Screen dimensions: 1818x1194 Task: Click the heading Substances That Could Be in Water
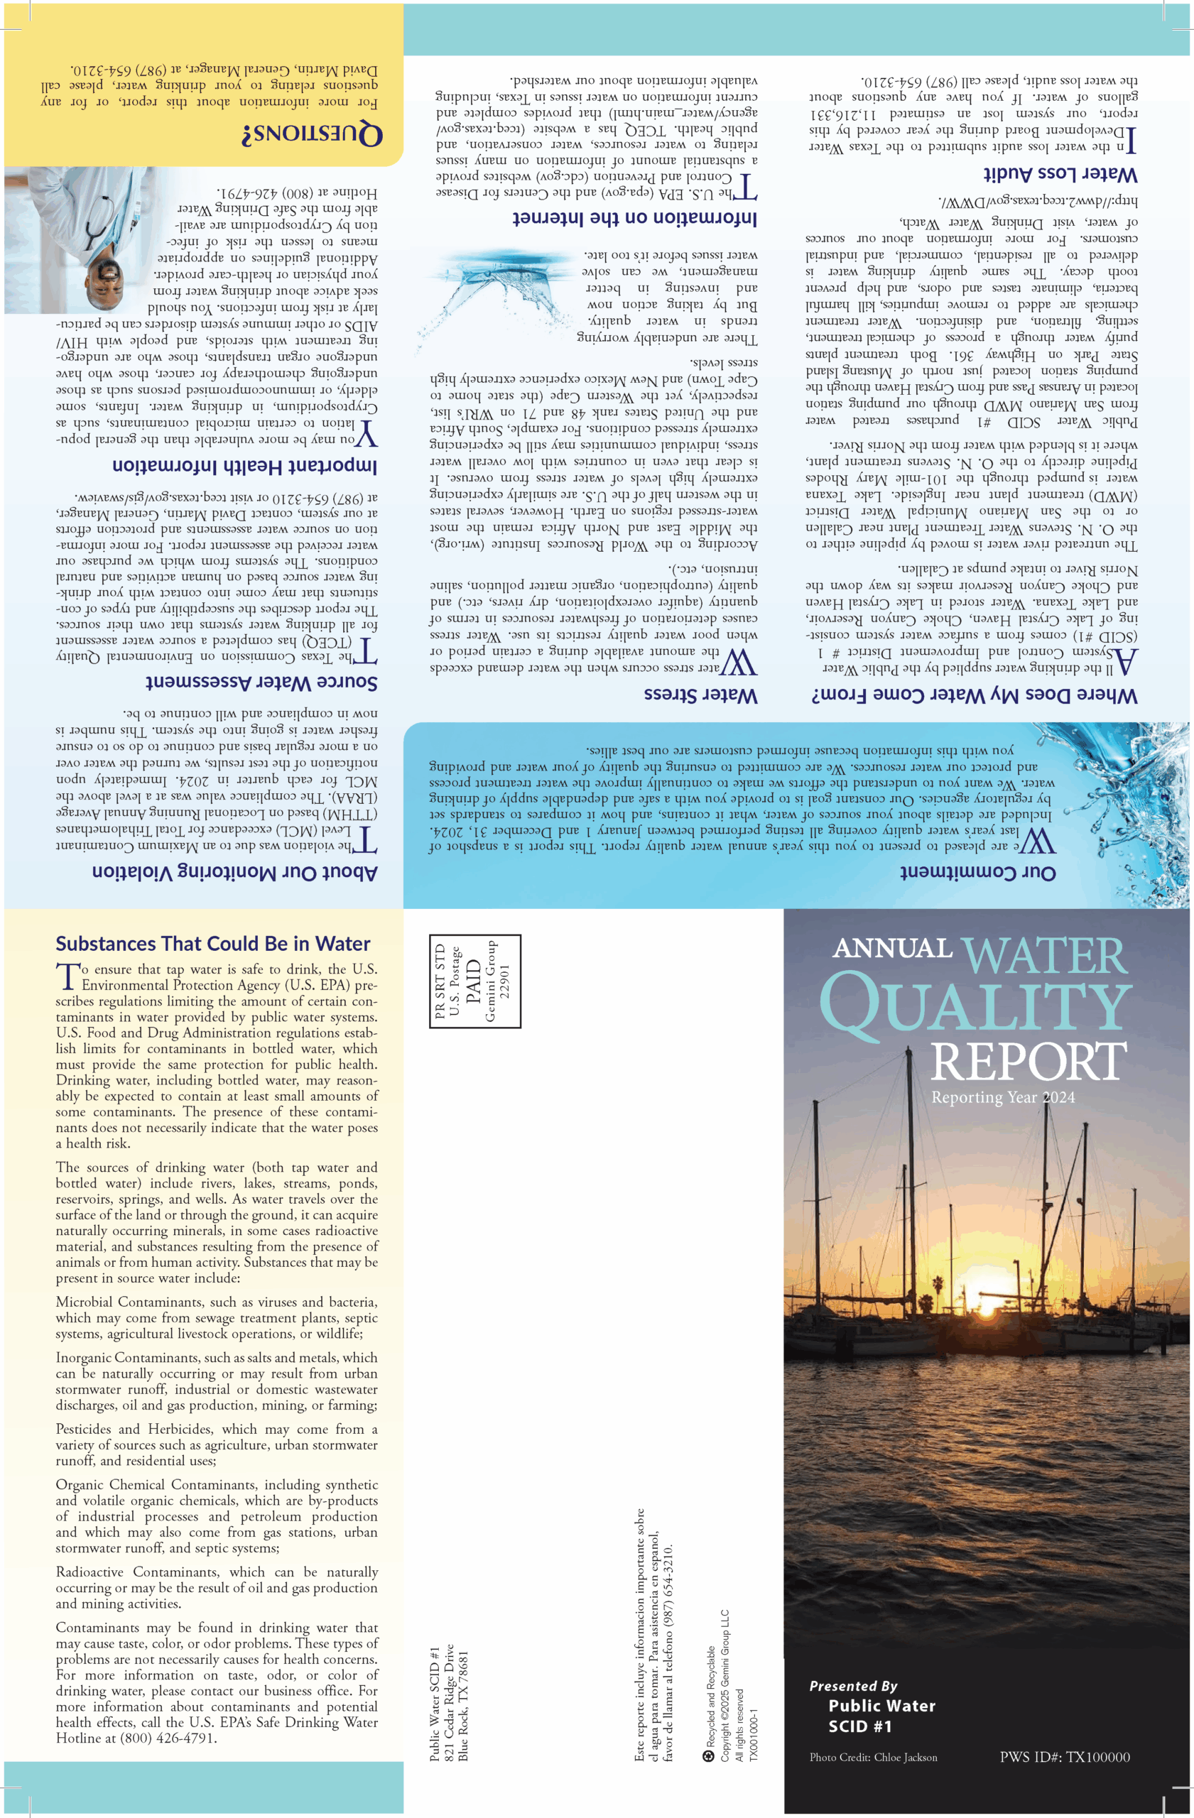coord(212,943)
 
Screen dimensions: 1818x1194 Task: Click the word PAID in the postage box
coord(474,981)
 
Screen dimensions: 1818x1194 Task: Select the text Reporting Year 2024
coord(1002,1097)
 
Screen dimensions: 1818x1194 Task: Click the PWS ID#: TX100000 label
coord(1064,1757)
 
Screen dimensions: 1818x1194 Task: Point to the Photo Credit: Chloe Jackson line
coord(872,1757)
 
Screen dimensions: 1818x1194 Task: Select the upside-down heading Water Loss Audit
coord(1060,173)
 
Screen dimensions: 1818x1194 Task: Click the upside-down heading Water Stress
coord(700,695)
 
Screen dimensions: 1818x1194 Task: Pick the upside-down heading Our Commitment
coord(977,872)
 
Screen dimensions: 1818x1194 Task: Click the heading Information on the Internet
coord(634,219)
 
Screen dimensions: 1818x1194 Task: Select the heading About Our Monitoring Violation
coord(234,872)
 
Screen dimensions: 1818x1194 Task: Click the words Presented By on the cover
coord(852,1685)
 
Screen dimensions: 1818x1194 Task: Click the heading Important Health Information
coord(244,465)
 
